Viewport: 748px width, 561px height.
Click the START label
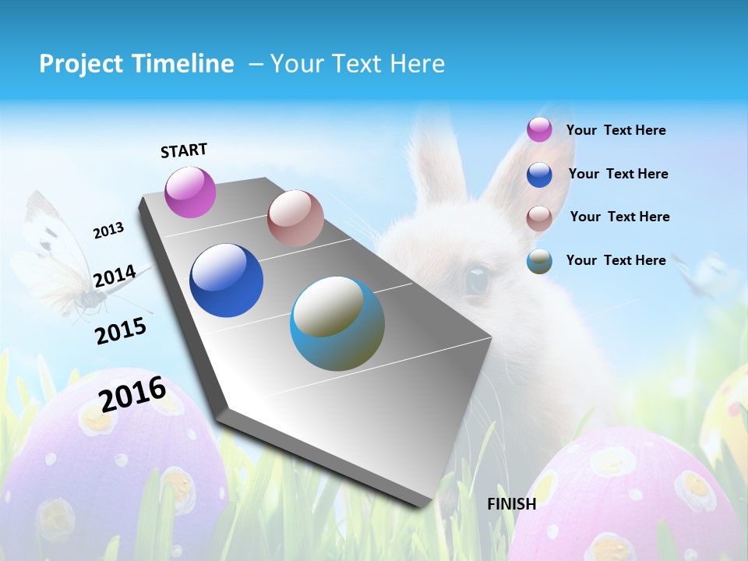(184, 150)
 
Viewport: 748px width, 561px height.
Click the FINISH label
(511, 504)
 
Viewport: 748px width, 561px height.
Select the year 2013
(109, 231)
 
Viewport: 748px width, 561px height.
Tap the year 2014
(115, 277)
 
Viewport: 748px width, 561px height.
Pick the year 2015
(121, 330)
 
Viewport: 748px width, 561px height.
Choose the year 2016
(132, 394)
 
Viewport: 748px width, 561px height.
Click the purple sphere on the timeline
(191, 192)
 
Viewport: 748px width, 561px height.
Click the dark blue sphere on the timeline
(227, 280)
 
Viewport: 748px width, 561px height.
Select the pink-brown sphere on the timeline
(295, 218)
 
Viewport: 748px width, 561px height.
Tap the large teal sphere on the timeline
(337, 323)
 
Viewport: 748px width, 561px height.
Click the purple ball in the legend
(539, 129)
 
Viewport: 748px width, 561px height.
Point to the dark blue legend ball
(539, 175)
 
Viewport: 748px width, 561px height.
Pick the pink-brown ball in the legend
(539, 217)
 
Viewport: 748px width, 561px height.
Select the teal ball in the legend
(539, 261)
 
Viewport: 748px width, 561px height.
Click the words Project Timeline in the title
(136, 64)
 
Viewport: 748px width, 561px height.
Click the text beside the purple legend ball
(616, 130)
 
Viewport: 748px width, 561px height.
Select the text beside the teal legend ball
(616, 260)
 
